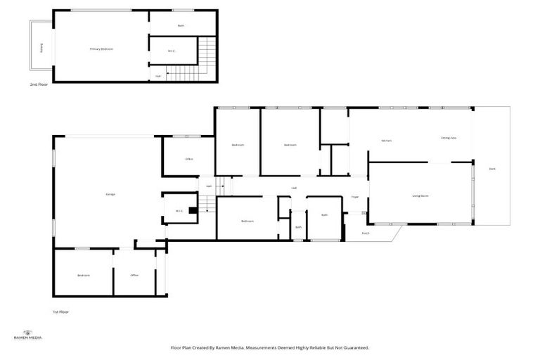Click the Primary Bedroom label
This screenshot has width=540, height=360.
[101, 49]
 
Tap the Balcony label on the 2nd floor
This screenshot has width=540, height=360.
[42, 49]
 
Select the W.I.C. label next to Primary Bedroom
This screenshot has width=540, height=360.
[172, 51]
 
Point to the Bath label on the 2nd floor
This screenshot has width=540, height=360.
[181, 26]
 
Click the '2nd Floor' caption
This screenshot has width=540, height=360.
[38, 85]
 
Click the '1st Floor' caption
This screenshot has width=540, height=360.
[60, 311]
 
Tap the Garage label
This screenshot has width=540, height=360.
[110, 194]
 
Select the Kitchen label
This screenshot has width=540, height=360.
[386, 141]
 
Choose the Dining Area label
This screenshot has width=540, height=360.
[449, 139]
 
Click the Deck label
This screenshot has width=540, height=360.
[492, 169]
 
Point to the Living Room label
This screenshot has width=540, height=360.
[420, 196]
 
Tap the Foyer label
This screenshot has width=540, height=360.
[355, 197]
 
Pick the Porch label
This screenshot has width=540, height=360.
[366, 233]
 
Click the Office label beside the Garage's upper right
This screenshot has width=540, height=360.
[189, 159]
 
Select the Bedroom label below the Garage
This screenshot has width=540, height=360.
[84, 275]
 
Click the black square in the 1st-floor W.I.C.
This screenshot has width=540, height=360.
[192, 209]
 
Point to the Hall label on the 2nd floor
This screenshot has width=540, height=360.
[157, 76]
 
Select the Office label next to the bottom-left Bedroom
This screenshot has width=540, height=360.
[134, 275]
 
